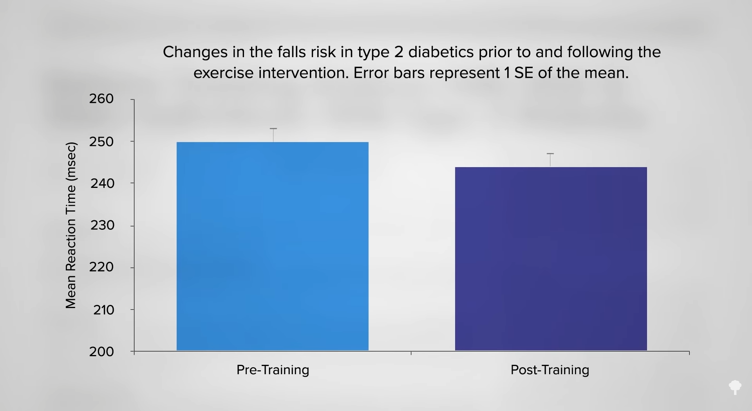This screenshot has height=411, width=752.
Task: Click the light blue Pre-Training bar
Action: [273, 246]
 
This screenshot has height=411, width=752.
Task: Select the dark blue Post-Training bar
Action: [551, 259]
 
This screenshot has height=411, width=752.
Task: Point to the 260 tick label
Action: [101, 99]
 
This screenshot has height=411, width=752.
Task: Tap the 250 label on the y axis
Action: [101, 142]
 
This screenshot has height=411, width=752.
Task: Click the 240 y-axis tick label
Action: [102, 183]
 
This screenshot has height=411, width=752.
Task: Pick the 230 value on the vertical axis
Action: [102, 225]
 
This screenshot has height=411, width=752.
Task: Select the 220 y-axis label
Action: [101, 267]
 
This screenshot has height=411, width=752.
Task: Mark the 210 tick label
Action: [103, 310]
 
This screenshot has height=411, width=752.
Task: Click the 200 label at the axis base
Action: [101, 352]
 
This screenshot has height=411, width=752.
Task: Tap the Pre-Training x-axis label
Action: [273, 370]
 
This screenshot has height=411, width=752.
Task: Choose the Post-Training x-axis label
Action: [550, 370]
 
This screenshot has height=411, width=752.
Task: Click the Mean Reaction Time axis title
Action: [71, 225]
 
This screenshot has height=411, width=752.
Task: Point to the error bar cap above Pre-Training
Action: [273, 128]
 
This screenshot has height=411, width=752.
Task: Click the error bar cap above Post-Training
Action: [550, 153]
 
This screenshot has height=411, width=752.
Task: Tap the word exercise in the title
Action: [224, 73]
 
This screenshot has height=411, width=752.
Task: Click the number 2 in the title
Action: [399, 52]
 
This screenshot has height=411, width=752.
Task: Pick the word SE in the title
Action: [524, 73]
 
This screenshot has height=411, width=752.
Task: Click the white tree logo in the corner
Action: [735, 387]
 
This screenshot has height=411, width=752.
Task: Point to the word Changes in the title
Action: [195, 52]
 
